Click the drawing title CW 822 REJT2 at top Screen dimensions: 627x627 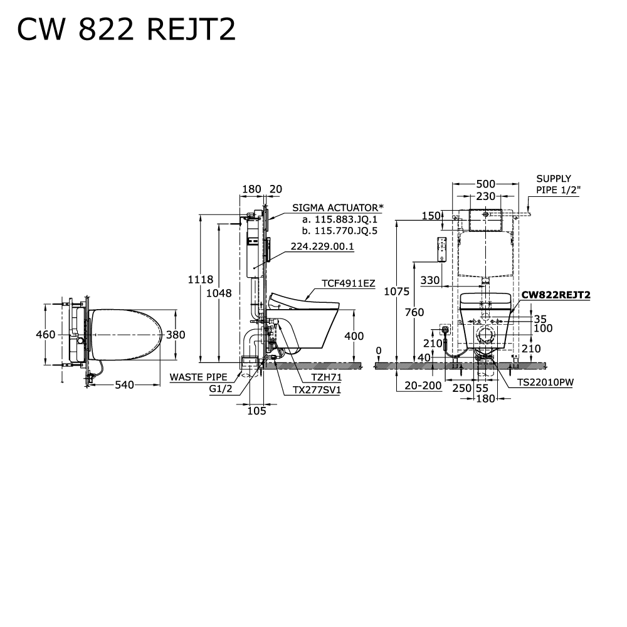(126, 29)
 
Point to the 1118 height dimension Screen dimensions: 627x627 (201, 280)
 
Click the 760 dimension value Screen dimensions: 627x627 (414, 312)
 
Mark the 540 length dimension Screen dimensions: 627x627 (125, 385)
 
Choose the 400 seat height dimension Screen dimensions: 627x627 (354, 335)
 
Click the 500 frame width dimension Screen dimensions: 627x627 (485, 184)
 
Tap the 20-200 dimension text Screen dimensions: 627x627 (423, 386)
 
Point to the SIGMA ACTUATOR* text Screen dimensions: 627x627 (337, 208)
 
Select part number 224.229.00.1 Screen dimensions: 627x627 (322, 246)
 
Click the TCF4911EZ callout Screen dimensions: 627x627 (349, 283)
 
